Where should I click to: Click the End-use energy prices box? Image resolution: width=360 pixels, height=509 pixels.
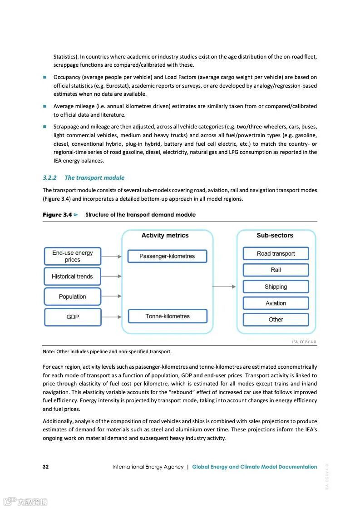click(73, 256)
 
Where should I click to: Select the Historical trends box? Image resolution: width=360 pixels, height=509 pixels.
click(73, 277)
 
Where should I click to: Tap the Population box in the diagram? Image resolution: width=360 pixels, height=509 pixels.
click(73, 297)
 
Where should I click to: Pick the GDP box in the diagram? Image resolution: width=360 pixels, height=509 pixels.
click(73, 317)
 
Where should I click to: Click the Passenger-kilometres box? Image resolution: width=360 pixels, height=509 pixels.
click(167, 256)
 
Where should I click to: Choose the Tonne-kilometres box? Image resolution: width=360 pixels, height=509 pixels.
click(167, 316)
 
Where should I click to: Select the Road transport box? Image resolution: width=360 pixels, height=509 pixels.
click(276, 253)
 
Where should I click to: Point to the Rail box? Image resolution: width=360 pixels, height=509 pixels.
click(276, 270)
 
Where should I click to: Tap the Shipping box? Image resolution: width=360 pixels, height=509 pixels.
click(276, 287)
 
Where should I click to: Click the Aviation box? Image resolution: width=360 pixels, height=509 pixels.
click(276, 303)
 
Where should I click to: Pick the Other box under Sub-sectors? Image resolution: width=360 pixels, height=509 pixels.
click(276, 319)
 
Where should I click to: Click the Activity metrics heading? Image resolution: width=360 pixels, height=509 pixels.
click(165, 235)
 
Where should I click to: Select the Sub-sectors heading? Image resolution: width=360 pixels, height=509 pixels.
click(275, 235)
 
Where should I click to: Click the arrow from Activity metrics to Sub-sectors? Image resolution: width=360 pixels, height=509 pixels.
click(224, 287)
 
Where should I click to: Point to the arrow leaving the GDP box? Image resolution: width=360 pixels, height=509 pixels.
click(111, 317)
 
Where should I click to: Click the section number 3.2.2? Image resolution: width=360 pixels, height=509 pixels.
click(49, 178)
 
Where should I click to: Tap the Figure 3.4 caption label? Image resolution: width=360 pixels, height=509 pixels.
click(57, 214)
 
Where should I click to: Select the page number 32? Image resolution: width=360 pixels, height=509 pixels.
click(46, 467)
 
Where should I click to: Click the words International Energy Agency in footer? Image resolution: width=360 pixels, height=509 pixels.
click(148, 467)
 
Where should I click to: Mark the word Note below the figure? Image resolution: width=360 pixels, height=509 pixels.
click(48, 351)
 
